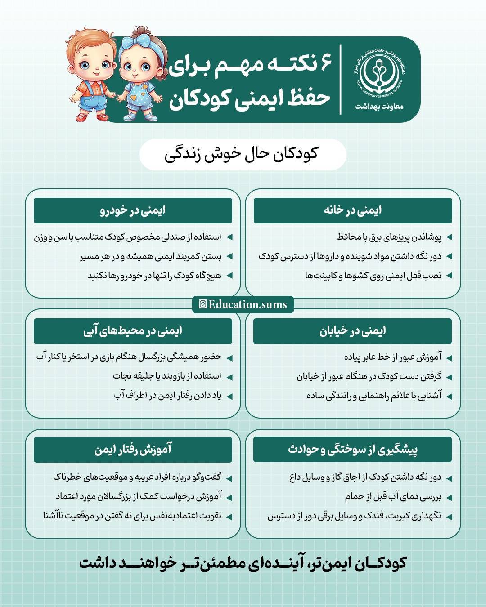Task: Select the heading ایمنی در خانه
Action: coord(353,210)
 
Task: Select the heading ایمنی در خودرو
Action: coord(133,210)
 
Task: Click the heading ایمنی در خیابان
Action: coord(353,331)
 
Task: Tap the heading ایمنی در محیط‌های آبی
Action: coord(133,331)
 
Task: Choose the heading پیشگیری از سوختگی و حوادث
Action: coord(353,449)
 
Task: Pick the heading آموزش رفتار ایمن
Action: coord(133,449)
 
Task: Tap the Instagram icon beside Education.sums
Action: coord(203,304)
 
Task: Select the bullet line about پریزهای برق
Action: coord(389,237)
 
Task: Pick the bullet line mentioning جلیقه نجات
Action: coord(167,376)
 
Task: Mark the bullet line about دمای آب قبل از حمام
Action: coord(393,497)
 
